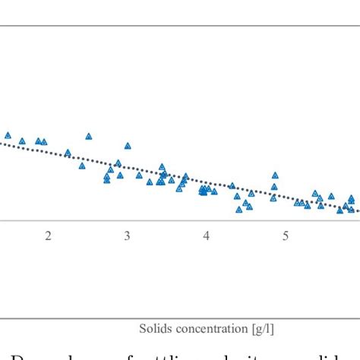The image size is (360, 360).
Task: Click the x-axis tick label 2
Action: (x=48, y=236)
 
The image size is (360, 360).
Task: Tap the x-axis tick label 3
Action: (x=127, y=236)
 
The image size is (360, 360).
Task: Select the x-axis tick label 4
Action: (x=206, y=236)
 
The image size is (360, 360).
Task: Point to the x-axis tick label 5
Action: (x=286, y=236)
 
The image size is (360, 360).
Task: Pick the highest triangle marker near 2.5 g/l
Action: (x=89, y=137)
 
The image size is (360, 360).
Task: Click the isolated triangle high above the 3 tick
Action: (x=128, y=146)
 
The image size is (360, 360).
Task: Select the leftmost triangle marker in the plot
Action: (x=8, y=136)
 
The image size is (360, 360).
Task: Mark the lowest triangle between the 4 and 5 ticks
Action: (x=238, y=210)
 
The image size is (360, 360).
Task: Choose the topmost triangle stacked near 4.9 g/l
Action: (x=275, y=175)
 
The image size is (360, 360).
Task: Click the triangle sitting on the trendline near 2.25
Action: (x=68, y=153)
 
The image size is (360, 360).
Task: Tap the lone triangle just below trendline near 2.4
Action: (x=82, y=167)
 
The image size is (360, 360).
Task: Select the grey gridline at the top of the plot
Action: (x=180, y=26)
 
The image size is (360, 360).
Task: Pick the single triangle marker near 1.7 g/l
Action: (x=22, y=141)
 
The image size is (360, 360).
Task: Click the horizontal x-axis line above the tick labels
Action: (x=180, y=220)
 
